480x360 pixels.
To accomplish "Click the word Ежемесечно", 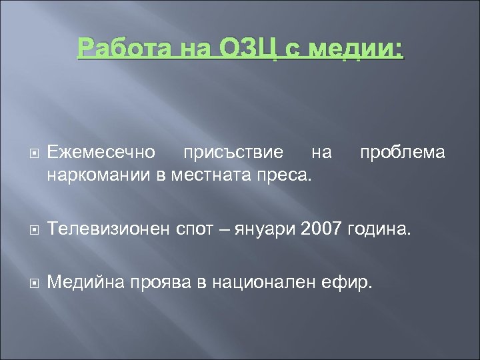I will click(101, 153).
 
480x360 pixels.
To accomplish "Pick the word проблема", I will click(402, 153).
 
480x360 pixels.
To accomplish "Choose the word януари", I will click(270, 230).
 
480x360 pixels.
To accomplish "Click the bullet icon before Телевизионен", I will click(34, 231).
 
